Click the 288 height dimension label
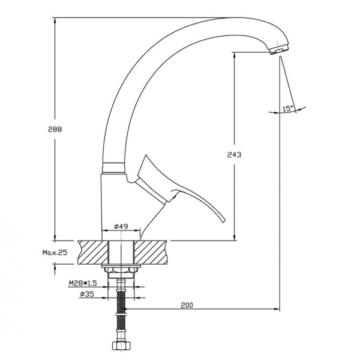click(55, 129)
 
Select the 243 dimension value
click(234, 155)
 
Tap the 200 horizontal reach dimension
click(187, 305)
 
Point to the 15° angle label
click(288, 109)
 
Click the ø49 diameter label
click(121, 226)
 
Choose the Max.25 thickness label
click(55, 253)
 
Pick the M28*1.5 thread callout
click(83, 283)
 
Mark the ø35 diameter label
click(87, 294)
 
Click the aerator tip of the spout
click(279, 50)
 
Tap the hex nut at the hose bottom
click(121, 346)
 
